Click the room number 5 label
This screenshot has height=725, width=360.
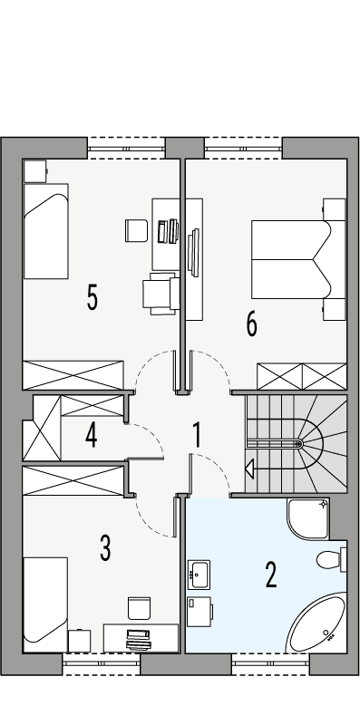click(92, 297)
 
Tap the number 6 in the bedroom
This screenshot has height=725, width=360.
click(251, 324)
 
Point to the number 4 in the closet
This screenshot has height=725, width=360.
click(91, 436)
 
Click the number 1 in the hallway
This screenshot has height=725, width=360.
click(197, 435)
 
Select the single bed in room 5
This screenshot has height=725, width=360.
click(45, 232)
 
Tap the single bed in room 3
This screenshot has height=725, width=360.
click(45, 599)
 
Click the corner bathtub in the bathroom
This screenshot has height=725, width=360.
click(316, 624)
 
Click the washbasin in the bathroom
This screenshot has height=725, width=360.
click(199, 573)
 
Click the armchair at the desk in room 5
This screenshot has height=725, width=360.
click(158, 294)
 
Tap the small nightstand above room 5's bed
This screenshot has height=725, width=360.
click(34, 170)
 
